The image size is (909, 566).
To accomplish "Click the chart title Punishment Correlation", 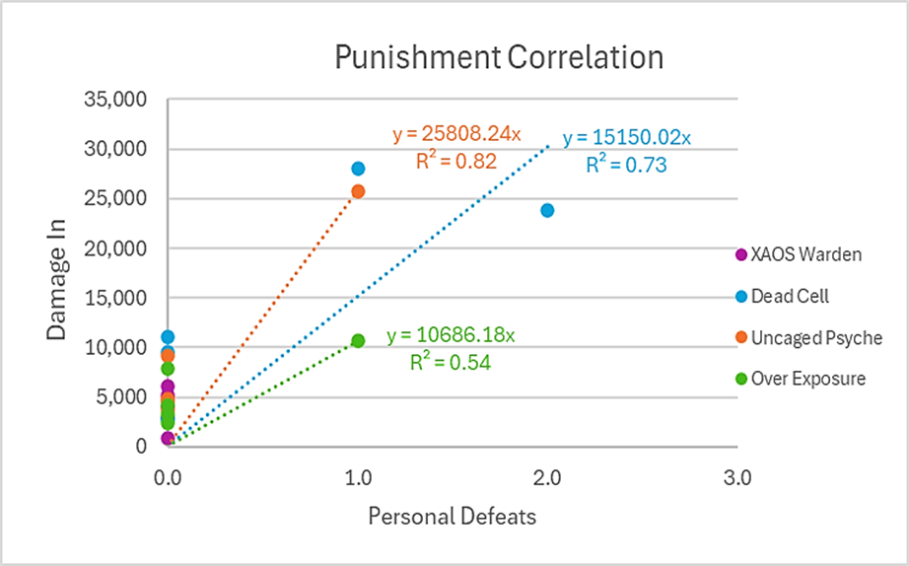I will [x=498, y=58].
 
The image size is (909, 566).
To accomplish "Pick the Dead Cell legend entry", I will [x=789, y=296].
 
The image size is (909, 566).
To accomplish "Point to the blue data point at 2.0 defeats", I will [x=547, y=210].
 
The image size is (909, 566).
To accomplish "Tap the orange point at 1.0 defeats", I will [x=358, y=191].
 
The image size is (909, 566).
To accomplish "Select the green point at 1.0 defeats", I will [x=358, y=340].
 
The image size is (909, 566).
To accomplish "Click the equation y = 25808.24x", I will [x=455, y=133].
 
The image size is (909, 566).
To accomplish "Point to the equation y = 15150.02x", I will [x=627, y=138].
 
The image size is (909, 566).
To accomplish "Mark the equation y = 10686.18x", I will [x=451, y=335].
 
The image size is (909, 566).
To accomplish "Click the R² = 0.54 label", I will [x=451, y=362].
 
